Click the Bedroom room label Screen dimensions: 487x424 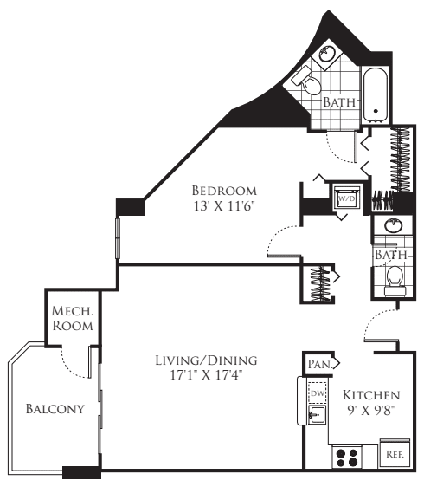[223, 190]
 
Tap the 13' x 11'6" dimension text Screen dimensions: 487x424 [224, 206]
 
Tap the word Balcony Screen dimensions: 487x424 [55, 409]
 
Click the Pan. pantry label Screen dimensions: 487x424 [319, 365]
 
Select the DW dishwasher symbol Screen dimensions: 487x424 [317, 393]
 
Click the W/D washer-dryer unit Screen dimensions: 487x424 [346, 198]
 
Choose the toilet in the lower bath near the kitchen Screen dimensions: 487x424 [394, 278]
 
